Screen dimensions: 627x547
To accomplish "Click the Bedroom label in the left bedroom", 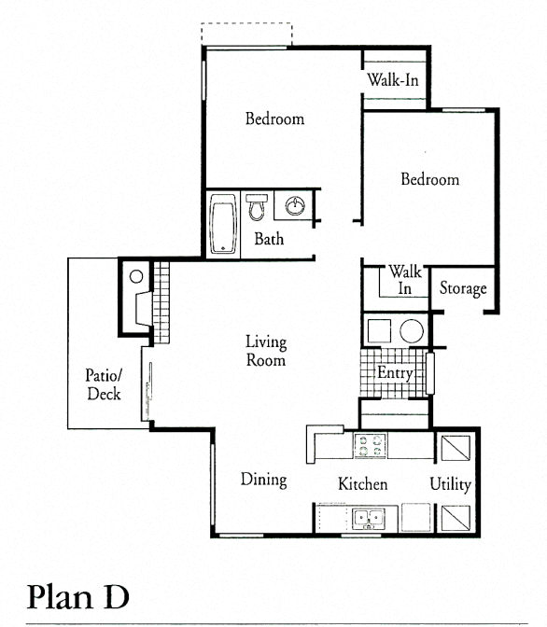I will pos(274,118).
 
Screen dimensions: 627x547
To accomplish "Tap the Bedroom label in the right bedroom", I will pos(429,179).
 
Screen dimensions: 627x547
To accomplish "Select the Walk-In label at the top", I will pos(392,80).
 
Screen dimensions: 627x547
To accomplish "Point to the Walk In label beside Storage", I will pos(405,280).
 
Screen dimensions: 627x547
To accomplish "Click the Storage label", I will pos(463,288).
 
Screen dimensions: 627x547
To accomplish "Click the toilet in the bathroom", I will pos(256,208).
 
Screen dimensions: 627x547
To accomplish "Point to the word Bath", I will pos(269,240).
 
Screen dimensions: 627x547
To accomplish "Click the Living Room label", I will pos(265,351).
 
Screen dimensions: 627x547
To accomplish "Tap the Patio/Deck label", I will pos(104,383).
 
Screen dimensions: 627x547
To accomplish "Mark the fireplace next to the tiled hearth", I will pos(142,308).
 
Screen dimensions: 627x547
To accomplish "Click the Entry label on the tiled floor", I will pos(395,373).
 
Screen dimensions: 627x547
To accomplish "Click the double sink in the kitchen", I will pos(367,517).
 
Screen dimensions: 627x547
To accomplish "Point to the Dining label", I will pos(263,480).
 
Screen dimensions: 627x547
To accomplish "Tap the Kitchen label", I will pos(362,484).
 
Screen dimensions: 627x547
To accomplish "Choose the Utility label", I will pos(450,484).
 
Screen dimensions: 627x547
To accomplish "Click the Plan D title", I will pos(77,594).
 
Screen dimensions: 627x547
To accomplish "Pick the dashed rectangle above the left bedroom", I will pos(246,34).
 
